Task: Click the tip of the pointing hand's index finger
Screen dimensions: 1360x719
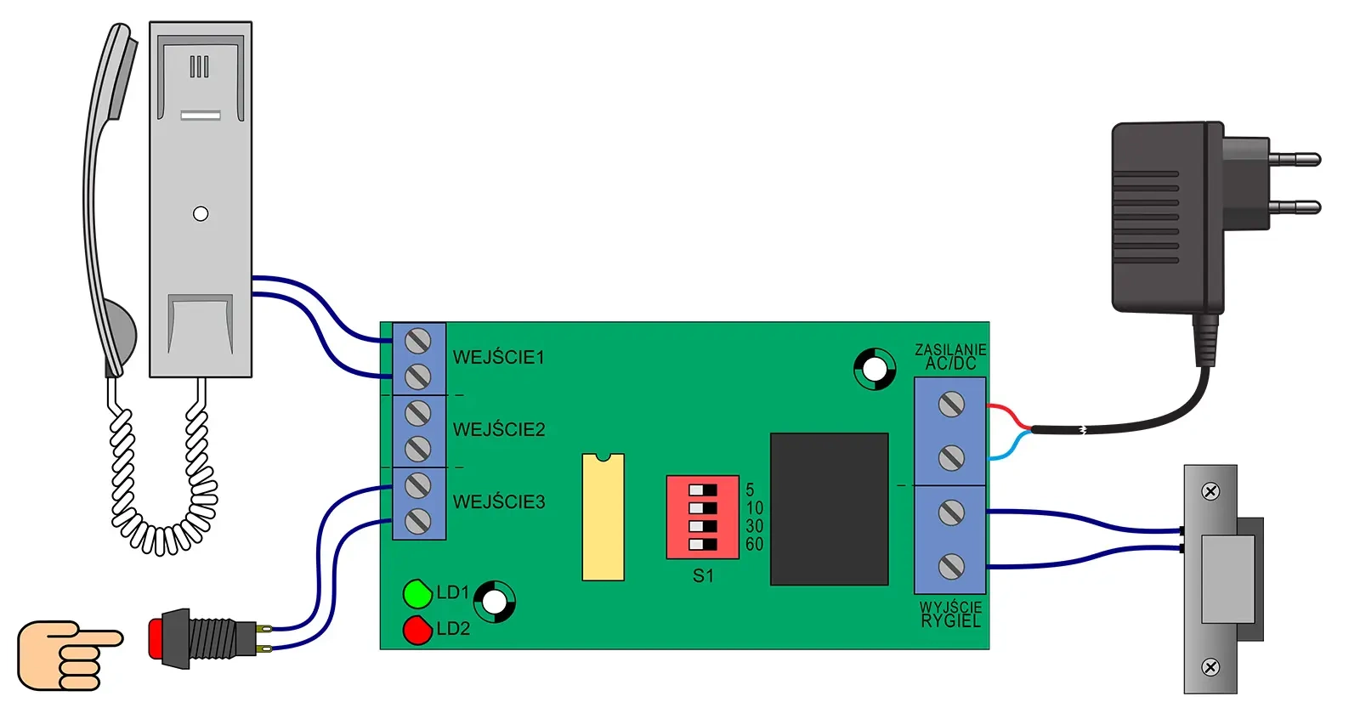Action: pyautogui.click(x=122, y=638)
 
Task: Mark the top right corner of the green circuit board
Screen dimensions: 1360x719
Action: pyautogui.click(x=989, y=322)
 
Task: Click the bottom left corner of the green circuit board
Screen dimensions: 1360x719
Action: pyautogui.click(x=381, y=649)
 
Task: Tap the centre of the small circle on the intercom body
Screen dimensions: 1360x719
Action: pyautogui.click(x=201, y=214)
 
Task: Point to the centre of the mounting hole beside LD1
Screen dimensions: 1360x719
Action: pyautogui.click(x=494, y=602)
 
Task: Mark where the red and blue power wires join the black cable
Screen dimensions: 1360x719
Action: pyautogui.click(x=1032, y=429)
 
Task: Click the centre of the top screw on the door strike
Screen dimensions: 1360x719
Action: pyautogui.click(x=1210, y=491)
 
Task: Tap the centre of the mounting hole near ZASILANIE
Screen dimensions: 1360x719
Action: pyautogui.click(x=875, y=369)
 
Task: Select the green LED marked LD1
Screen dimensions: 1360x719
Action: pyautogui.click(x=417, y=594)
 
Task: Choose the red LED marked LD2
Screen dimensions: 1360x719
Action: pyautogui.click(x=417, y=631)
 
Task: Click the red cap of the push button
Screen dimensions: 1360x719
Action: pyautogui.click(x=156, y=638)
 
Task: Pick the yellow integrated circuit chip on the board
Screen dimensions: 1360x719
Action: pyautogui.click(x=603, y=517)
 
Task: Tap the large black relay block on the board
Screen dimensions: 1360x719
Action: pyautogui.click(x=830, y=509)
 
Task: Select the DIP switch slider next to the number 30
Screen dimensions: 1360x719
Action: pyautogui.click(x=702, y=526)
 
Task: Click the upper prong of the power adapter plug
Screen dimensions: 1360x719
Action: pyautogui.click(x=1295, y=160)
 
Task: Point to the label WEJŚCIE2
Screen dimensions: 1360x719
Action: pyautogui.click(x=499, y=429)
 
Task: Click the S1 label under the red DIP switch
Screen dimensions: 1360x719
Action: pyautogui.click(x=703, y=575)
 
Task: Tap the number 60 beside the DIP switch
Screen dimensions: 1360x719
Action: pyautogui.click(x=755, y=544)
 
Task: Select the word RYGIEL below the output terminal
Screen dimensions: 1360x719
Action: pyautogui.click(x=951, y=621)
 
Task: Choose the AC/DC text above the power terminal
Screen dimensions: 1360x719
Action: pyautogui.click(x=951, y=364)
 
